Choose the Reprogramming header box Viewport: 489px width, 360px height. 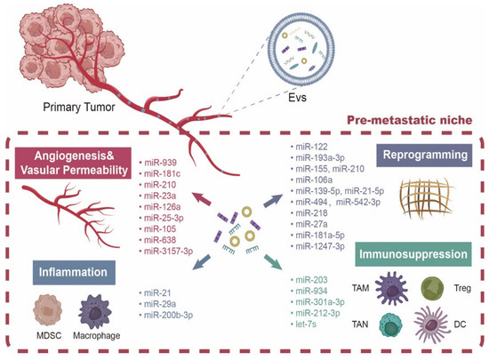[x=422, y=155]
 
